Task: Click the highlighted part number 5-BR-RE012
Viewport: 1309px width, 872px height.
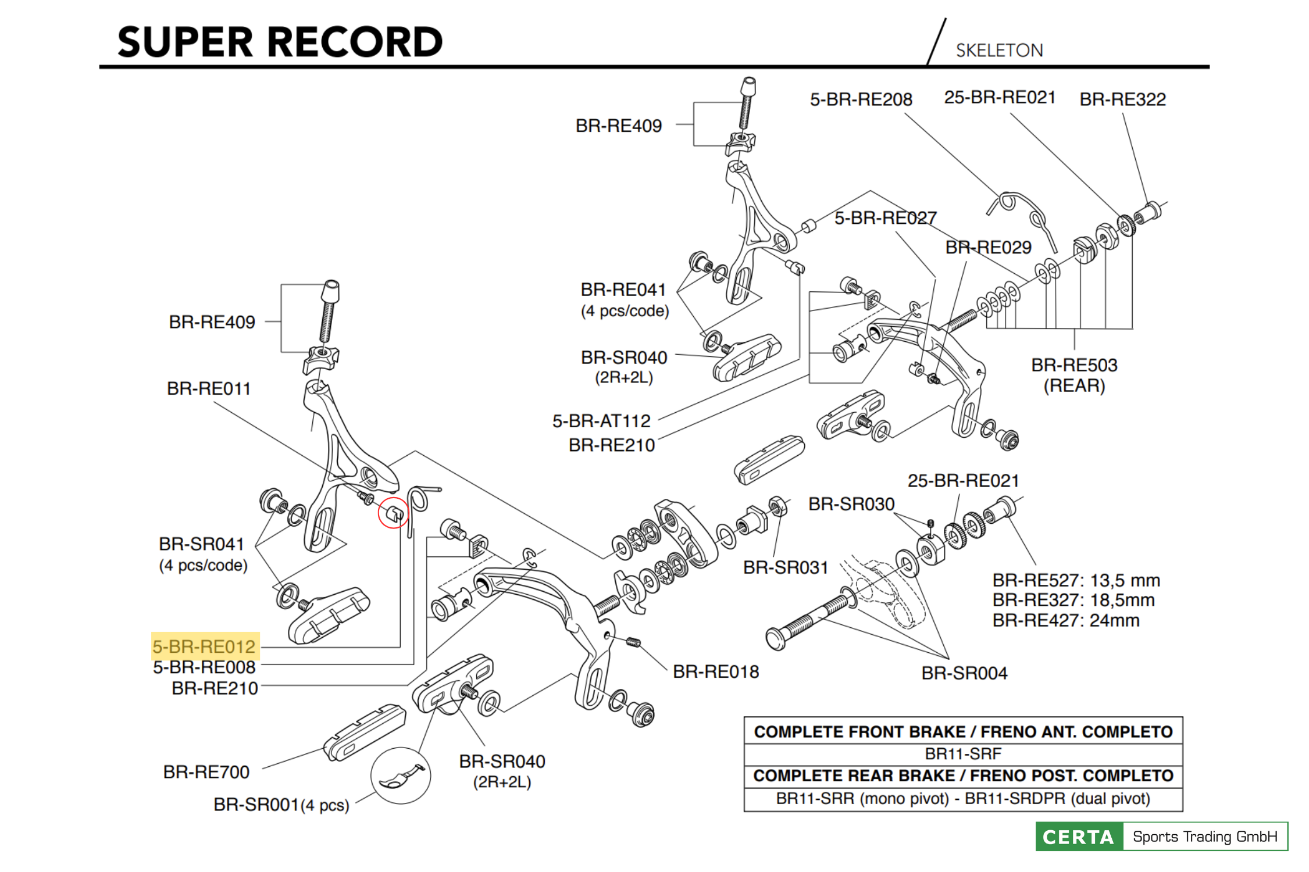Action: (x=204, y=646)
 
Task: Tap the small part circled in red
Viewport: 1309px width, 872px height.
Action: (x=394, y=513)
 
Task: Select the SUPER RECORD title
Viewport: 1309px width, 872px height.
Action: (x=280, y=42)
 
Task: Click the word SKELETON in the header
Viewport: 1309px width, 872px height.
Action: (x=999, y=51)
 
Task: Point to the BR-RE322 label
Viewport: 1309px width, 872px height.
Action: (x=1122, y=99)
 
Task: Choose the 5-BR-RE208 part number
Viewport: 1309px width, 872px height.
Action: (x=861, y=99)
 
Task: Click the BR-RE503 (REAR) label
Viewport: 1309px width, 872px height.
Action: (x=1074, y=375)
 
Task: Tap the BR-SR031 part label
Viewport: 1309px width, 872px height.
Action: (x=786, y=567)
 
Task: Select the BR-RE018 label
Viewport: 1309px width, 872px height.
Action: (x=716, y=672)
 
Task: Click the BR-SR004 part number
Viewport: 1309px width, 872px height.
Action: (x=964, y=673)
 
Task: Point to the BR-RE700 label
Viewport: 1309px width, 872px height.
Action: (x=206, y=772)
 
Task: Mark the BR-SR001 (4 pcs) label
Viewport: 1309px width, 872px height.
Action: (x=281, y=805)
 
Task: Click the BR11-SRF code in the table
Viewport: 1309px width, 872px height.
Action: (x=963, y=754)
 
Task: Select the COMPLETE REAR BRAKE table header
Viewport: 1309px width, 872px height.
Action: (x=963, y=776)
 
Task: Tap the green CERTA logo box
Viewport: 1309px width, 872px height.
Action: (x=1079, y=837)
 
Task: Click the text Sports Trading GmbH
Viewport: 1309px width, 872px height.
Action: (x=1205, y=837)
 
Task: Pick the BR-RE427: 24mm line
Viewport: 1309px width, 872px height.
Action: (x=1065, y=620)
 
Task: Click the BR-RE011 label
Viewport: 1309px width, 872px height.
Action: (x=209, y=388)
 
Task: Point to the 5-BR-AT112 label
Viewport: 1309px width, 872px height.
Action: (x=601, y=421)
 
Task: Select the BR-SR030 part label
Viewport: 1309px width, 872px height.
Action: (x=851, y=504)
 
